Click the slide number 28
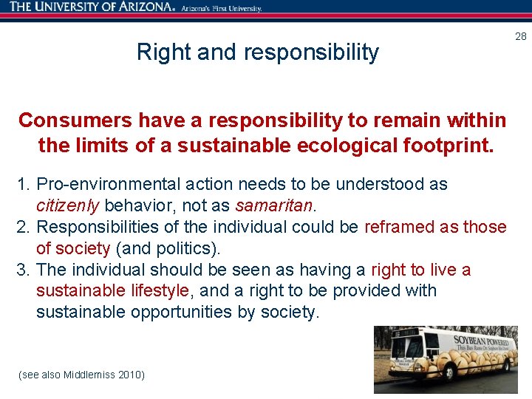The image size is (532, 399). point(520,36)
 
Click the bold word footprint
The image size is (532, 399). point(447,146)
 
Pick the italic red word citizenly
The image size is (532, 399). point(68,205)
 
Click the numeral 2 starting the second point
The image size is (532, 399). point(21,227)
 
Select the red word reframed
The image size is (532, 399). point(399,227)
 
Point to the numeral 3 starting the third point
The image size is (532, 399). point(21,270)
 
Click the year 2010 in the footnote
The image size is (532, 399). point(132,375)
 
